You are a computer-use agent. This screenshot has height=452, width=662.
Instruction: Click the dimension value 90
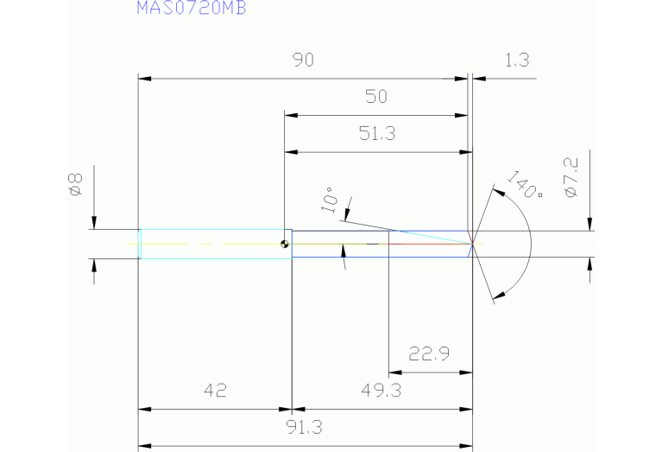[302, 60]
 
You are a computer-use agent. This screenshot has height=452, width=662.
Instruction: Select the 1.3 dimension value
[516, 60]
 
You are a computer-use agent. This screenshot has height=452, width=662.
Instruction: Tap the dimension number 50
[376, 96]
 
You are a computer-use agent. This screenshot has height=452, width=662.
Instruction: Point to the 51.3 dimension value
[376, 133]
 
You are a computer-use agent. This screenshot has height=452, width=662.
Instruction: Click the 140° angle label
[525, 185]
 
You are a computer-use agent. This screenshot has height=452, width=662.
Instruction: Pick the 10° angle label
[329, 200]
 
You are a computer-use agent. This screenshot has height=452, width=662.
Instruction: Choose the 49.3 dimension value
[381, 390]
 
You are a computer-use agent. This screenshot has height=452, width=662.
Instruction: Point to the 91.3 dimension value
[306, 427]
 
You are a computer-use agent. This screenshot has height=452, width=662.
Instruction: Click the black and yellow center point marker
[285, 244]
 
